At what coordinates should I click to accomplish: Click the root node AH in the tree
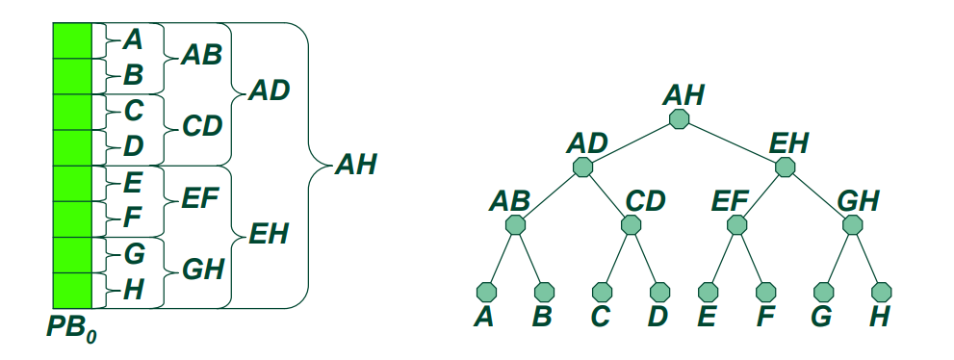(x=679, y=118)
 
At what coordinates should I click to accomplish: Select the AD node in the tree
(x=582, y=167)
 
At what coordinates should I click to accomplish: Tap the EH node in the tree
(x=785, y=167)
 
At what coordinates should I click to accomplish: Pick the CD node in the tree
(x=631, y=225)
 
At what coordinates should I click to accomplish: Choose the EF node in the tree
(x=736, y=225)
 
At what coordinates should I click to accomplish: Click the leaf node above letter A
(x=487, y=292)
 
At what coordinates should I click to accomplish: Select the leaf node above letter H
(x=881, y=292)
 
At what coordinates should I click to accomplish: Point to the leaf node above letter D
(x=659, y=292)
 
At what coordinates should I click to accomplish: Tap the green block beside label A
(x=72, y=40)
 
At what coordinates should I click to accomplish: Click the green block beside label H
(x=72, y=291)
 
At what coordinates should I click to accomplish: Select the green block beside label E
(x=72, y=184)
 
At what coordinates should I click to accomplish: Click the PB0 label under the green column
(x=71, y=328)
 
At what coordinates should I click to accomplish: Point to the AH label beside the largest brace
(x=356, y=165)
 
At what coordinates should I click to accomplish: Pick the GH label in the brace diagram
(x=203, y=270)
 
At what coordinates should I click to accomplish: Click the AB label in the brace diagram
(x=201, y=55)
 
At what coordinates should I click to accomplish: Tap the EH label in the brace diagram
(x=269, y=234)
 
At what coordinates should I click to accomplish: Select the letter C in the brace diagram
(x=133, y=112)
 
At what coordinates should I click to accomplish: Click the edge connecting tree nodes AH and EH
(x=732, y=142)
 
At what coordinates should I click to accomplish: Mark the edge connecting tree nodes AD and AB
(x=549, y=195)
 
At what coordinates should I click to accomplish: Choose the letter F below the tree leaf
(x=765, y=317)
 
